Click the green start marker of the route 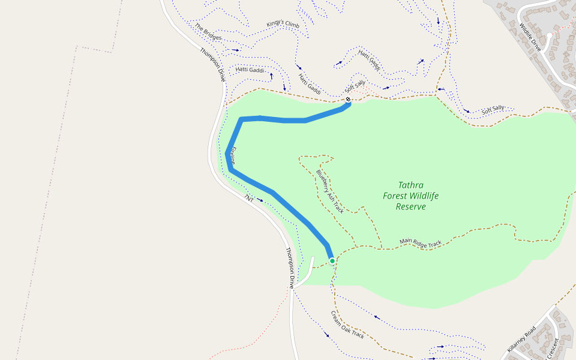click(332, 260)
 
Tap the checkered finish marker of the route click(348, 100)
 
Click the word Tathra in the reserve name click(410, 185)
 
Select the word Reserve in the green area click(410, 206)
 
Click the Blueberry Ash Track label click(330, 191)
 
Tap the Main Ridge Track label click(421, 243)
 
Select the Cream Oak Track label click(347, 325)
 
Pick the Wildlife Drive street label click(530, 37)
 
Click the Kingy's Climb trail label click(283, 25)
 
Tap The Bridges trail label click(208, 32)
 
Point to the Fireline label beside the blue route click(234, 155)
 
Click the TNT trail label click(248, 197)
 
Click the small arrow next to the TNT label click(259, 200)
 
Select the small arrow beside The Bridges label click(235, 50)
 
